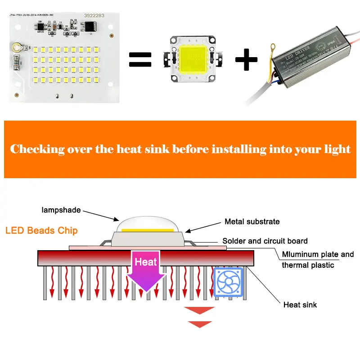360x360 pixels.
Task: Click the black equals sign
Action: pyautogui.click(x=141, y=59)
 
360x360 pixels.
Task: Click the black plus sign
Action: pyautogui.click(x=247, y=59)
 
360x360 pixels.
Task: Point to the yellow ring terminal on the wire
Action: pyautogui.click(x=273, y=46)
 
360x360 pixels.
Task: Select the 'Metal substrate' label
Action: pyautogui.click(x=252, y=221)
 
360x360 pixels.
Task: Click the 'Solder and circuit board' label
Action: pyautogui.click(x=265, y=241)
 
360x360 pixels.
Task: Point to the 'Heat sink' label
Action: pyautogui.click(x=300, y=305)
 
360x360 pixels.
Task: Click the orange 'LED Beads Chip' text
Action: pyautogui.click(x=41, y=231)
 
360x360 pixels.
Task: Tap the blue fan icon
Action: pyautogui.click(x=228, y=282)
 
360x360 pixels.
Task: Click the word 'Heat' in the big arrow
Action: pyautogui.click(x=145, y=262)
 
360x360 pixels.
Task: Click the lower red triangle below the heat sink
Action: pyautogui.click(x=199, y=324)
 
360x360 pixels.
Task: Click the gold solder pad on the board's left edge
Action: pyautogui.click(x=17, y=46)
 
